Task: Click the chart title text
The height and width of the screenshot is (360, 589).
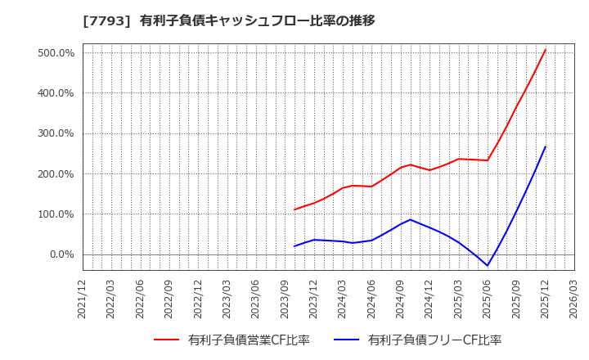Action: click(229, 20)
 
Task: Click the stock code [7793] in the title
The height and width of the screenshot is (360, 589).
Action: click(100, 20)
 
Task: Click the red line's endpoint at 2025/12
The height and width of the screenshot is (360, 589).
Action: click(546, 49)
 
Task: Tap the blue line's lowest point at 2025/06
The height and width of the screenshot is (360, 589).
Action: click(488, 265)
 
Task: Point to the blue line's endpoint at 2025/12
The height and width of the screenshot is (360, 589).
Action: click(546, 146)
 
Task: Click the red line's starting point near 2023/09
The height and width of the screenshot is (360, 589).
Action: click(294, 209)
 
